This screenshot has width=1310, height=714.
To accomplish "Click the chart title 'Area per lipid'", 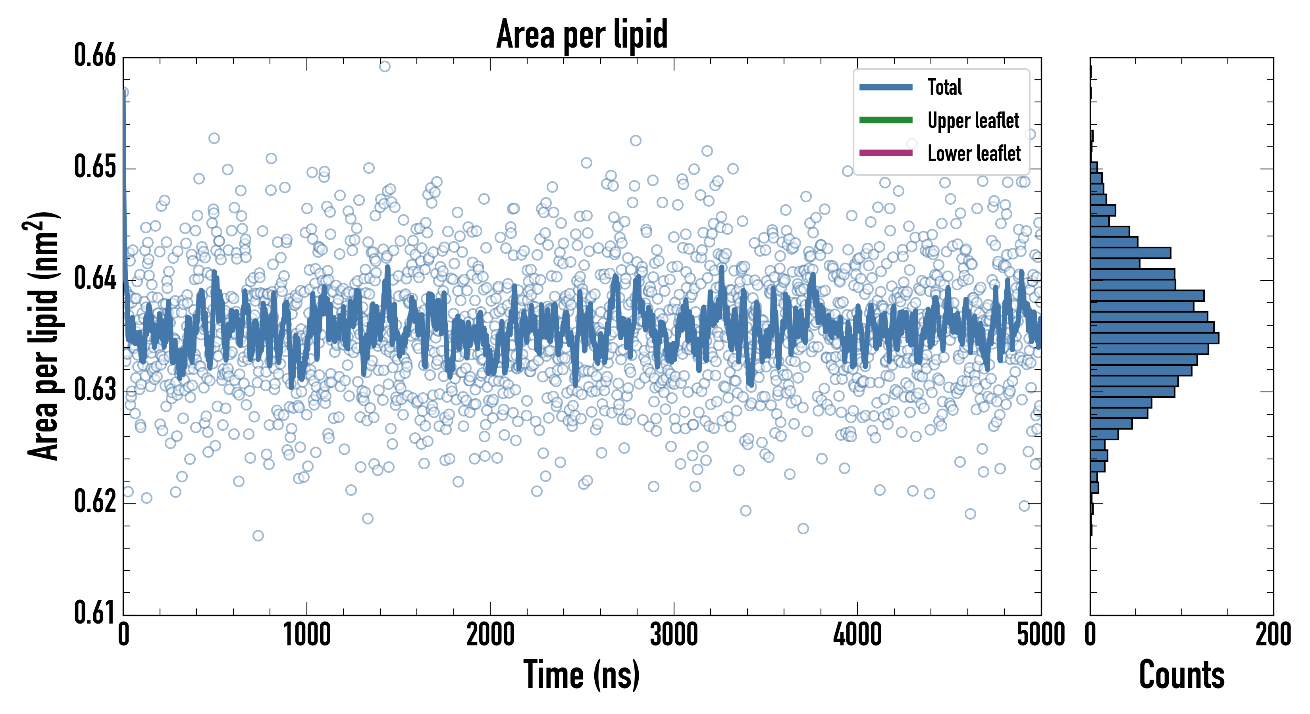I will [x=582, y=35].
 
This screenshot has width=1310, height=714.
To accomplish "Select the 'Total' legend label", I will [x=944, y=87].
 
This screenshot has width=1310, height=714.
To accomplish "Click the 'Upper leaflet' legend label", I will [x=973, y=121].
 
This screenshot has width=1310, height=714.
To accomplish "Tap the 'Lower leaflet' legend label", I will [x=974, y=154].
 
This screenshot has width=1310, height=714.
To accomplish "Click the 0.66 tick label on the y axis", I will [x=95, y=56].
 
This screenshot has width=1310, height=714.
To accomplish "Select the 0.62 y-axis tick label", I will [x=95, y=501].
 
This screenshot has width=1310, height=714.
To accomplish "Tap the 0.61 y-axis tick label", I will [x=95, y=612].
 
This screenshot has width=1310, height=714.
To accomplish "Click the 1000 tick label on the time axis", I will [x=306, y=635].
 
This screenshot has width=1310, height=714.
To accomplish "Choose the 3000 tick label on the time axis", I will [x=674, y=635].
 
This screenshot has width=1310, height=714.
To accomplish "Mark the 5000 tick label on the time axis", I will [x=1040, y=635].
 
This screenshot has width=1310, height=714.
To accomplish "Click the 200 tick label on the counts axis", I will [x=1273, y=635].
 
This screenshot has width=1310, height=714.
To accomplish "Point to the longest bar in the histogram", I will [x=1154, y=338].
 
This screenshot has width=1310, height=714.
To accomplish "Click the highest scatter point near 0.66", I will [x=385, y=67].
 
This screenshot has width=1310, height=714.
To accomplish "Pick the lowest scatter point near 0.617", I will [x=258, y=535].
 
